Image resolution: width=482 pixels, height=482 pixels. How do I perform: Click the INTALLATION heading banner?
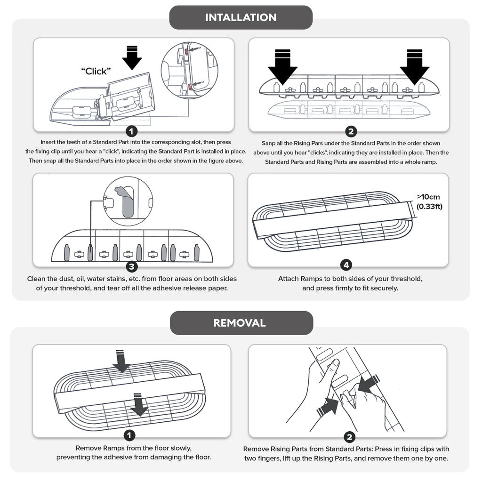[x=241, y=17]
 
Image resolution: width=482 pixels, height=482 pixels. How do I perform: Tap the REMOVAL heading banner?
[x=241, y=323]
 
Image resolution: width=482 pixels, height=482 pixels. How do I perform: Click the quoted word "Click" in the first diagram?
[x=96, y=71]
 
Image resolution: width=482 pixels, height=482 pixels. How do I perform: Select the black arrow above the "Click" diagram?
[x=132, y=58]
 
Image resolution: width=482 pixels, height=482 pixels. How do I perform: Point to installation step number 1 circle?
[x=131, y=132]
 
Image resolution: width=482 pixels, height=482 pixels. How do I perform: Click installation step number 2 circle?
[x=351, y=132]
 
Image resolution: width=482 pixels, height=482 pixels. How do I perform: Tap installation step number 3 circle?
[x=132, y=266]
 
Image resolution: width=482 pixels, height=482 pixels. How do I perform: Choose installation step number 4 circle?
[x=346, y=265]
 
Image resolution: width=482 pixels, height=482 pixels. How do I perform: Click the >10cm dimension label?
[x=428, y=197]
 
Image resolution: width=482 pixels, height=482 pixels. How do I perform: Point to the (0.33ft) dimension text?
[x=429, y=206]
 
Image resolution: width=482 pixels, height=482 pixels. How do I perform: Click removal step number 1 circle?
[x=129, y=435]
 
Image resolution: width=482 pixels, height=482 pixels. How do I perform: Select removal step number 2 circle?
[x=349, y=437]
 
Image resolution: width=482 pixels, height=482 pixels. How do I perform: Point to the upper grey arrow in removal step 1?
[x=121, y=361]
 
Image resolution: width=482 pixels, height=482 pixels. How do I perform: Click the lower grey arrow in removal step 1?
[x=139, y=405]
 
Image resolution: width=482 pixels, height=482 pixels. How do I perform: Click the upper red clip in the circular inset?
[x=187, y=51]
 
